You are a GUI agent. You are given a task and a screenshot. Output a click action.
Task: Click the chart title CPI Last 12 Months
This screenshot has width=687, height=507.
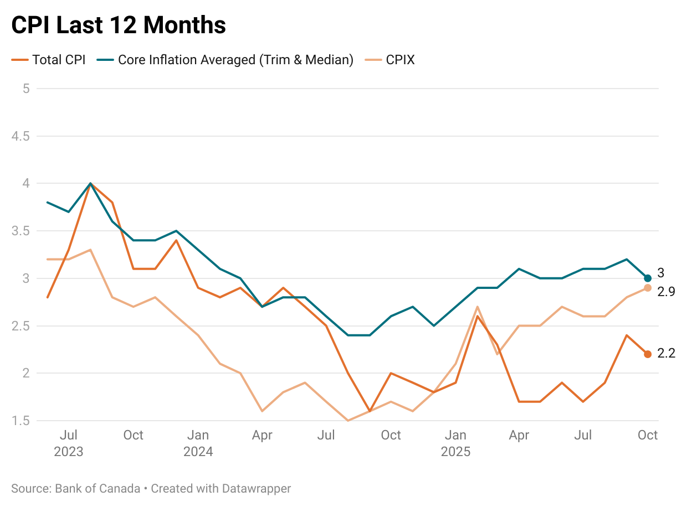click(x=119, y=25)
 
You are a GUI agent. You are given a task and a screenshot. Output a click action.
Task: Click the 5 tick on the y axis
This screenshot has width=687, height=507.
click(x=25, y=89)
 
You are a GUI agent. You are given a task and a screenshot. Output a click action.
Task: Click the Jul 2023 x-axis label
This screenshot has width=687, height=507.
click(x=69, y=443)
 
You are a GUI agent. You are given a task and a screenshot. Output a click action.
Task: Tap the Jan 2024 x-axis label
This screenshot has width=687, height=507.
click(x=198, y=443)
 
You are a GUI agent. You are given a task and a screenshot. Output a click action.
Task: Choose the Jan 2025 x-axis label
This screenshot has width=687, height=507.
click(x=455, y=443)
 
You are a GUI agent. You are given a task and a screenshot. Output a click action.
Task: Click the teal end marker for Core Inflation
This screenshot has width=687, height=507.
click(x=648, y=278)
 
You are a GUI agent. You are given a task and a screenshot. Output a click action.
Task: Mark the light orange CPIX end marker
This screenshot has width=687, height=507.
click(x=648, y=288)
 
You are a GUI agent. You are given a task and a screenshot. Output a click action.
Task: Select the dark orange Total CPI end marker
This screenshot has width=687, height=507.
click(x=648, y=354)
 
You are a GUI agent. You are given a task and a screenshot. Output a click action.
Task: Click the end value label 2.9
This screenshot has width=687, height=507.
click(x=666, y=292)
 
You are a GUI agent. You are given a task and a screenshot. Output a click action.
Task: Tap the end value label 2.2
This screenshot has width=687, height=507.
click(x=666, y=354)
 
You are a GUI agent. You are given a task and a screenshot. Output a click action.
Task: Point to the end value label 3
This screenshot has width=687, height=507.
click(x=660, y=273)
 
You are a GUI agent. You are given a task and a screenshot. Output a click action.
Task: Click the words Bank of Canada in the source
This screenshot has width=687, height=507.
click(x=98, y=489)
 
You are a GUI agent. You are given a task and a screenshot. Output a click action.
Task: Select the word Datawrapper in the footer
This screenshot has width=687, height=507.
click(x=256, y=489)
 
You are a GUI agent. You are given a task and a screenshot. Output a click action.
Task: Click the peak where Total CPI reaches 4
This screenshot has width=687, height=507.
click(x=90, y=184)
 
